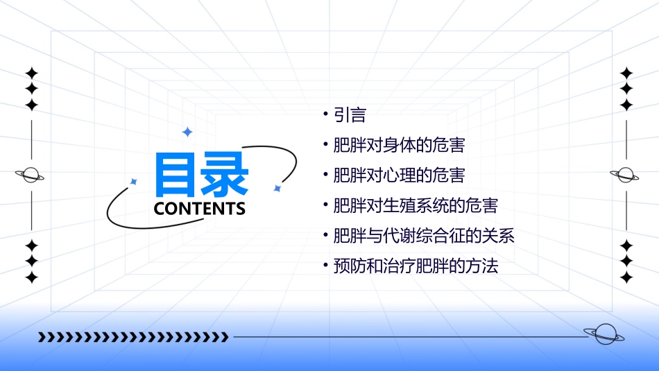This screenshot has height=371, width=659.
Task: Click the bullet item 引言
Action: [x=350, y=115]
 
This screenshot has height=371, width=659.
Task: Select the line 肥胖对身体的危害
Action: [x=399, y=146]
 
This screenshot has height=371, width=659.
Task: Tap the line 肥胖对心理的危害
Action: [x=399, y=175]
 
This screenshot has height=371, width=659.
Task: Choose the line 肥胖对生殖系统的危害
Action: [x=416, y=206]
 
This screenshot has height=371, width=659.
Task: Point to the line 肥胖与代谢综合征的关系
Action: [x=424, y=236]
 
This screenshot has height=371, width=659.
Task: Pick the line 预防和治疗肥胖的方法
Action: [x=416, y=266]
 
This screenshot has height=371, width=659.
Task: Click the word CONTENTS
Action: [x=200, y=208]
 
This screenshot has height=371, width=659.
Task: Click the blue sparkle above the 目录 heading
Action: [x=187, y=132]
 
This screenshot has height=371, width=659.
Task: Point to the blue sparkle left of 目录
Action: [x=134, y=182]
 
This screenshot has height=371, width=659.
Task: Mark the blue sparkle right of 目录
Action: [x=277, y=188]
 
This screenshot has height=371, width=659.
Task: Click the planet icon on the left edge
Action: [x=31, y=175]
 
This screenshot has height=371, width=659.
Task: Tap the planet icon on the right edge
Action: [x=625, y=175]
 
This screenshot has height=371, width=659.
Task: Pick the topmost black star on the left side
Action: [x=31, y=73]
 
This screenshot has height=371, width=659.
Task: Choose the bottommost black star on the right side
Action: [x=626, y=277]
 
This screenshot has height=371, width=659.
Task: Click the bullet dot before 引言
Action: [x=326, y=114]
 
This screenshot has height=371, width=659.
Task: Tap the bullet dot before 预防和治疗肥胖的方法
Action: [x=326, y=265]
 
